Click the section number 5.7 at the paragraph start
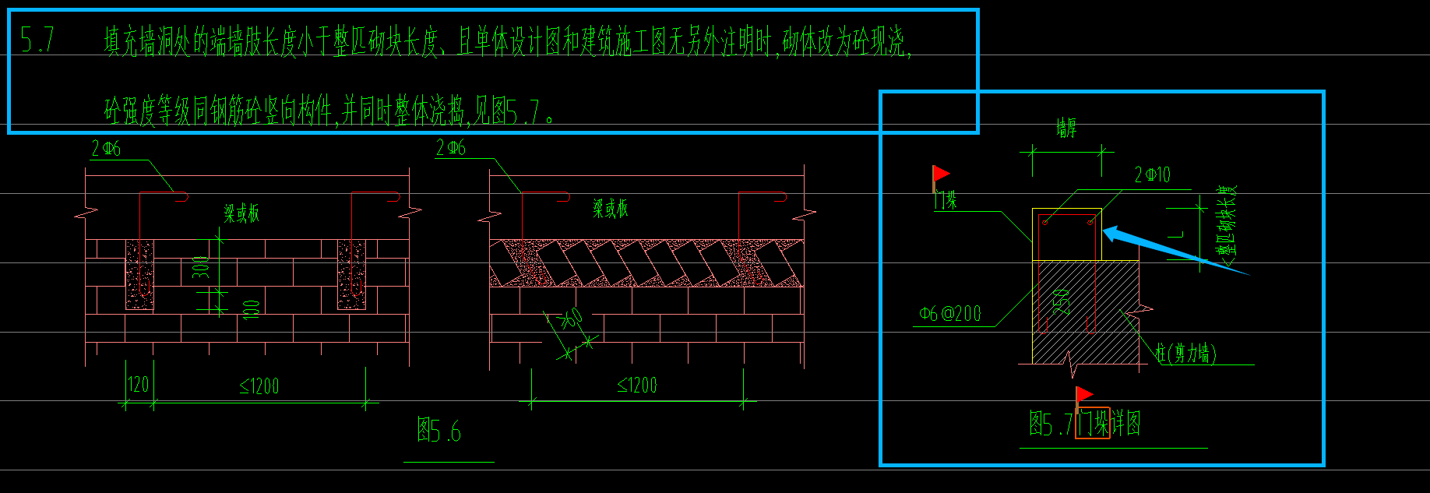[x=37, y=40]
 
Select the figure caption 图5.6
[x=439, y=430]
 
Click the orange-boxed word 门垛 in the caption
[x=1093, y=424]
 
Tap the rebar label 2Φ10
[x=1152, y=175]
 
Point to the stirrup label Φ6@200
[x=950, y=314]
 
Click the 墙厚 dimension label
[x=1066, y=128]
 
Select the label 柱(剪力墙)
[x=1185, y=354]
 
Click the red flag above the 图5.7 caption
[x=1083, y=395]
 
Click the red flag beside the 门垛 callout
[x=941, y=174]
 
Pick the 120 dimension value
[x=138, y=385]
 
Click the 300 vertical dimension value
[x=201, y=267]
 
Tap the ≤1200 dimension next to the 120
[x=259, y=386]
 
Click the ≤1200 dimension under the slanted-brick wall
[x=637, y=385]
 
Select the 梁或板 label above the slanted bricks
[x=611, y=209]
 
